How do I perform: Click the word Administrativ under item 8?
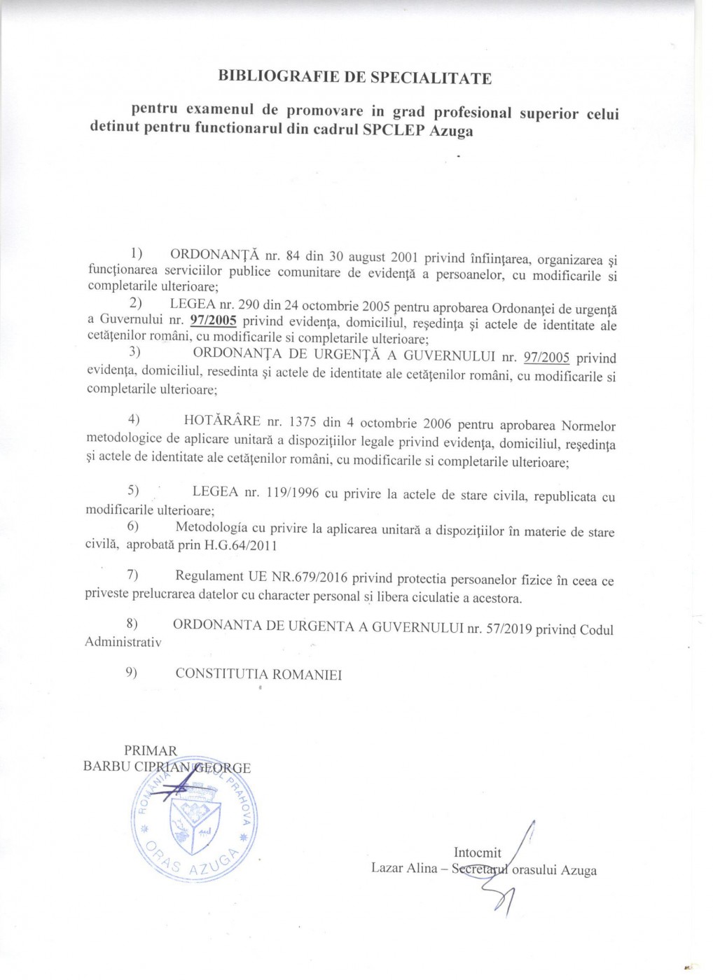click(x=123, y=642)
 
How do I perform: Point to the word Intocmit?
click(x=478, y=853)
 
